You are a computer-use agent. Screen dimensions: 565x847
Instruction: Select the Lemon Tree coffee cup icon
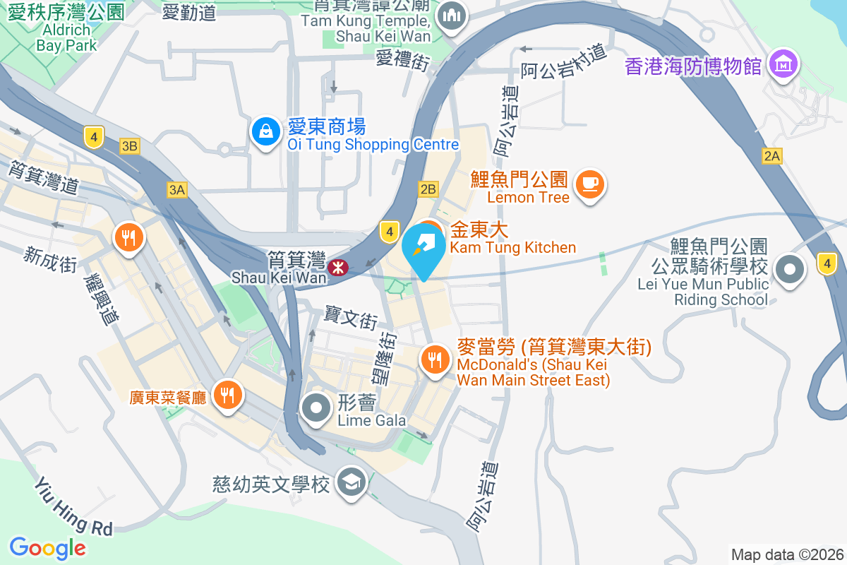click(x=589, y=184)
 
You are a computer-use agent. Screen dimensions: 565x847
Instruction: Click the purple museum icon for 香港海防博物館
click(x=783, y=65)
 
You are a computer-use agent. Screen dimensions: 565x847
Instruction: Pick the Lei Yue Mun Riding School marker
click(x=789, y=270)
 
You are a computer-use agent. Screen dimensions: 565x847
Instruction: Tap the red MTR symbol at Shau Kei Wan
click(x=337, y=267)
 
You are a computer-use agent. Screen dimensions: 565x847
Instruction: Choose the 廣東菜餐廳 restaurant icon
click(x=227, y=395)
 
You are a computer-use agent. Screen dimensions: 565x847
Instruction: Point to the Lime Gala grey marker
click(x=316, y=408)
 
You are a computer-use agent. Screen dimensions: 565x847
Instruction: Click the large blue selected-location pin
click(x=423, y=250)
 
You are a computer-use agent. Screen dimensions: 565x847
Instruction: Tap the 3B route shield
click(x=129, y=146)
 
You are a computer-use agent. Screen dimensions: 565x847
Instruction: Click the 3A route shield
click(x=176, y=189)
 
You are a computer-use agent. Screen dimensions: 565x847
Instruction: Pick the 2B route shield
click(x=428, y=189)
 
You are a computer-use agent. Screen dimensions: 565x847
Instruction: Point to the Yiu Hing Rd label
click(x=74, y=506)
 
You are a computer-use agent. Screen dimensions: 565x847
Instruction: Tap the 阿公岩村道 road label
click(x=564, y=61)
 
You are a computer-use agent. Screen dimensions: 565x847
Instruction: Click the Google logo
click(x=48, y=547)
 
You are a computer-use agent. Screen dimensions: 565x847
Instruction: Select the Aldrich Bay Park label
click(x=66, y=37)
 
